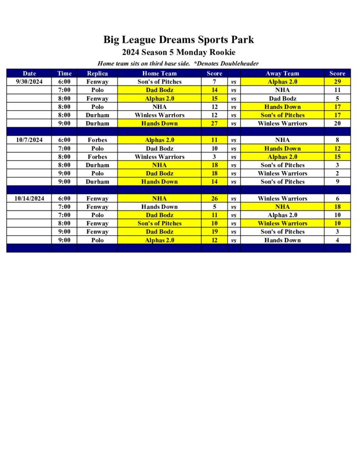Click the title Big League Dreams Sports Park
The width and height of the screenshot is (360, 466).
click(x=178, y=40)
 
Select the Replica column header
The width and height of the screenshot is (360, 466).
click(x=97, y=73)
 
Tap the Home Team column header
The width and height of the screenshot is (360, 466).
click(x=159, y=73)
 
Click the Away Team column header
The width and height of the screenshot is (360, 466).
click(x=282, y=73)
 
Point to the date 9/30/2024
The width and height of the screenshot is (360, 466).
click(x=29, y=82)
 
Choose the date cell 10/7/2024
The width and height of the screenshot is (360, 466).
click(x=29, y=140)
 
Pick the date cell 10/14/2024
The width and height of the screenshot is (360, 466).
click(x=29, y=198)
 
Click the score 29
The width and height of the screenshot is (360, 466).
click(x=337, y=82)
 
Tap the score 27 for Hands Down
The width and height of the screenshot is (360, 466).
click(x=214, y=123)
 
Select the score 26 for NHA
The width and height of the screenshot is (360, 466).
click(x=214, y=198)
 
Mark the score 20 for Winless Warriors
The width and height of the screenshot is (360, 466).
click(x=337, y=123)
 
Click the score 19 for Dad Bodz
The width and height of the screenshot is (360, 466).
click(x=214, y=232)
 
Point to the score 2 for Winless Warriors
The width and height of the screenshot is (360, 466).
click(x=337, y=173)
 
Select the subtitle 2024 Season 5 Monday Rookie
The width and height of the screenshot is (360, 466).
click(x=178, y=52)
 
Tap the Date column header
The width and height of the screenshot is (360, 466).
click(x=29, y=73)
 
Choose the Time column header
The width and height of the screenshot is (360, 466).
click(x=65, y=73)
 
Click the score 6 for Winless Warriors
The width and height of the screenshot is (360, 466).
click(x=337, y=198)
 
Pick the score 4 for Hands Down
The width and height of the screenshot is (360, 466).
click(x=337, y=240)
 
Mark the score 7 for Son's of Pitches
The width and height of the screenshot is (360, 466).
click(x=214, y=82)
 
